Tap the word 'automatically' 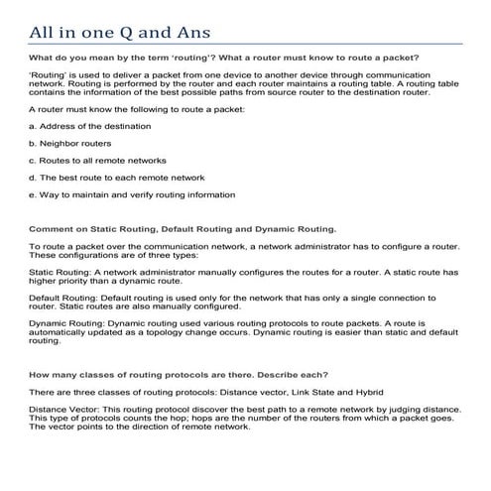pos(59,331)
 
